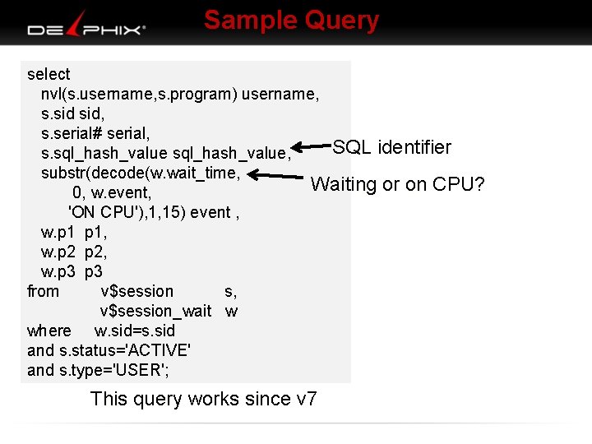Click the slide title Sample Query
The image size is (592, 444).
pyautogui.click(x=291, y=20)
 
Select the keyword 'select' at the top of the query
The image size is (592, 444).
pyautogui.click(x=49, y=74)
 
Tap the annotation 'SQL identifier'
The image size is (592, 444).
pyautogui.click(x=391, y=147)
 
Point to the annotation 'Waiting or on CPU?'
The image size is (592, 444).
pyautogui.click(x=397, y=184)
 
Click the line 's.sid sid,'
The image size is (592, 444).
pyautogui.click(x=72, y=113)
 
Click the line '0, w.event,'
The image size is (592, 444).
pyautogui.click(x=111, y=192)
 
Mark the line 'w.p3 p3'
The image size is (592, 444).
pyautogui.click(x=72, y=271)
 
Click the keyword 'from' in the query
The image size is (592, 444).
pyautogui.click(x=43, y=291)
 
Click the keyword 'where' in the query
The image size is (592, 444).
pyautogui.click(x=49, y=331)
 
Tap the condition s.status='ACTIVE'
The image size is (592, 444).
pyautogui.click(x=124, y=350)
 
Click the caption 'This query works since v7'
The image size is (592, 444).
pyautogui.click(x=203, y=400)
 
